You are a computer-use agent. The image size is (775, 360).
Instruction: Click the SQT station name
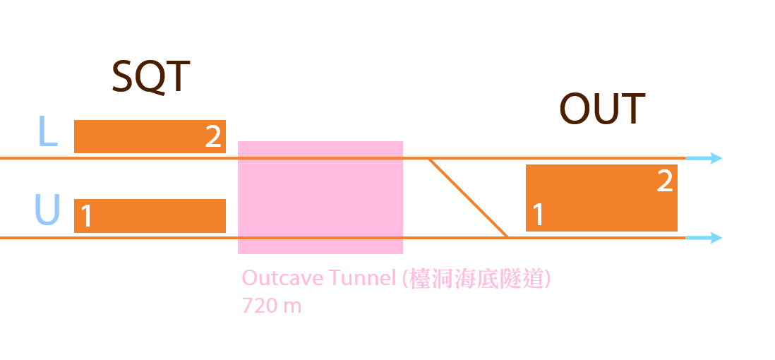150,77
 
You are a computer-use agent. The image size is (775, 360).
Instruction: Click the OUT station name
602,109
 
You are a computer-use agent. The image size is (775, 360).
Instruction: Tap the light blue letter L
47,132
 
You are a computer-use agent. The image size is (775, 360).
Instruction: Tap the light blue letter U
47,210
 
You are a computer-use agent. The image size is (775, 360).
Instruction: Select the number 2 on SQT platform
212,137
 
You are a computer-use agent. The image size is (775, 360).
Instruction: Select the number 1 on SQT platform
87,217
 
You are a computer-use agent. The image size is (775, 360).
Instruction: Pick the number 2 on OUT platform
664,181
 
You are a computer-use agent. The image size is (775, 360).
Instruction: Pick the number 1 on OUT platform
538,215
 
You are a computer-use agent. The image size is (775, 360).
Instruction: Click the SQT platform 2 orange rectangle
141,136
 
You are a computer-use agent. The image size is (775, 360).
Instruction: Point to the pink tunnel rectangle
320,198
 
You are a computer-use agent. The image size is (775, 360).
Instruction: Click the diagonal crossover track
469,198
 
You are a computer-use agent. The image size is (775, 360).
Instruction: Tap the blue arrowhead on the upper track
715,158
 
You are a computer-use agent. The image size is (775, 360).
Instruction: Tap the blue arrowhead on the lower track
715,238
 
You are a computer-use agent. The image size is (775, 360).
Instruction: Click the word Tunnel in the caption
361,278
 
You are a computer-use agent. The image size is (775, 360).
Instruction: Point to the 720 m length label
271,306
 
